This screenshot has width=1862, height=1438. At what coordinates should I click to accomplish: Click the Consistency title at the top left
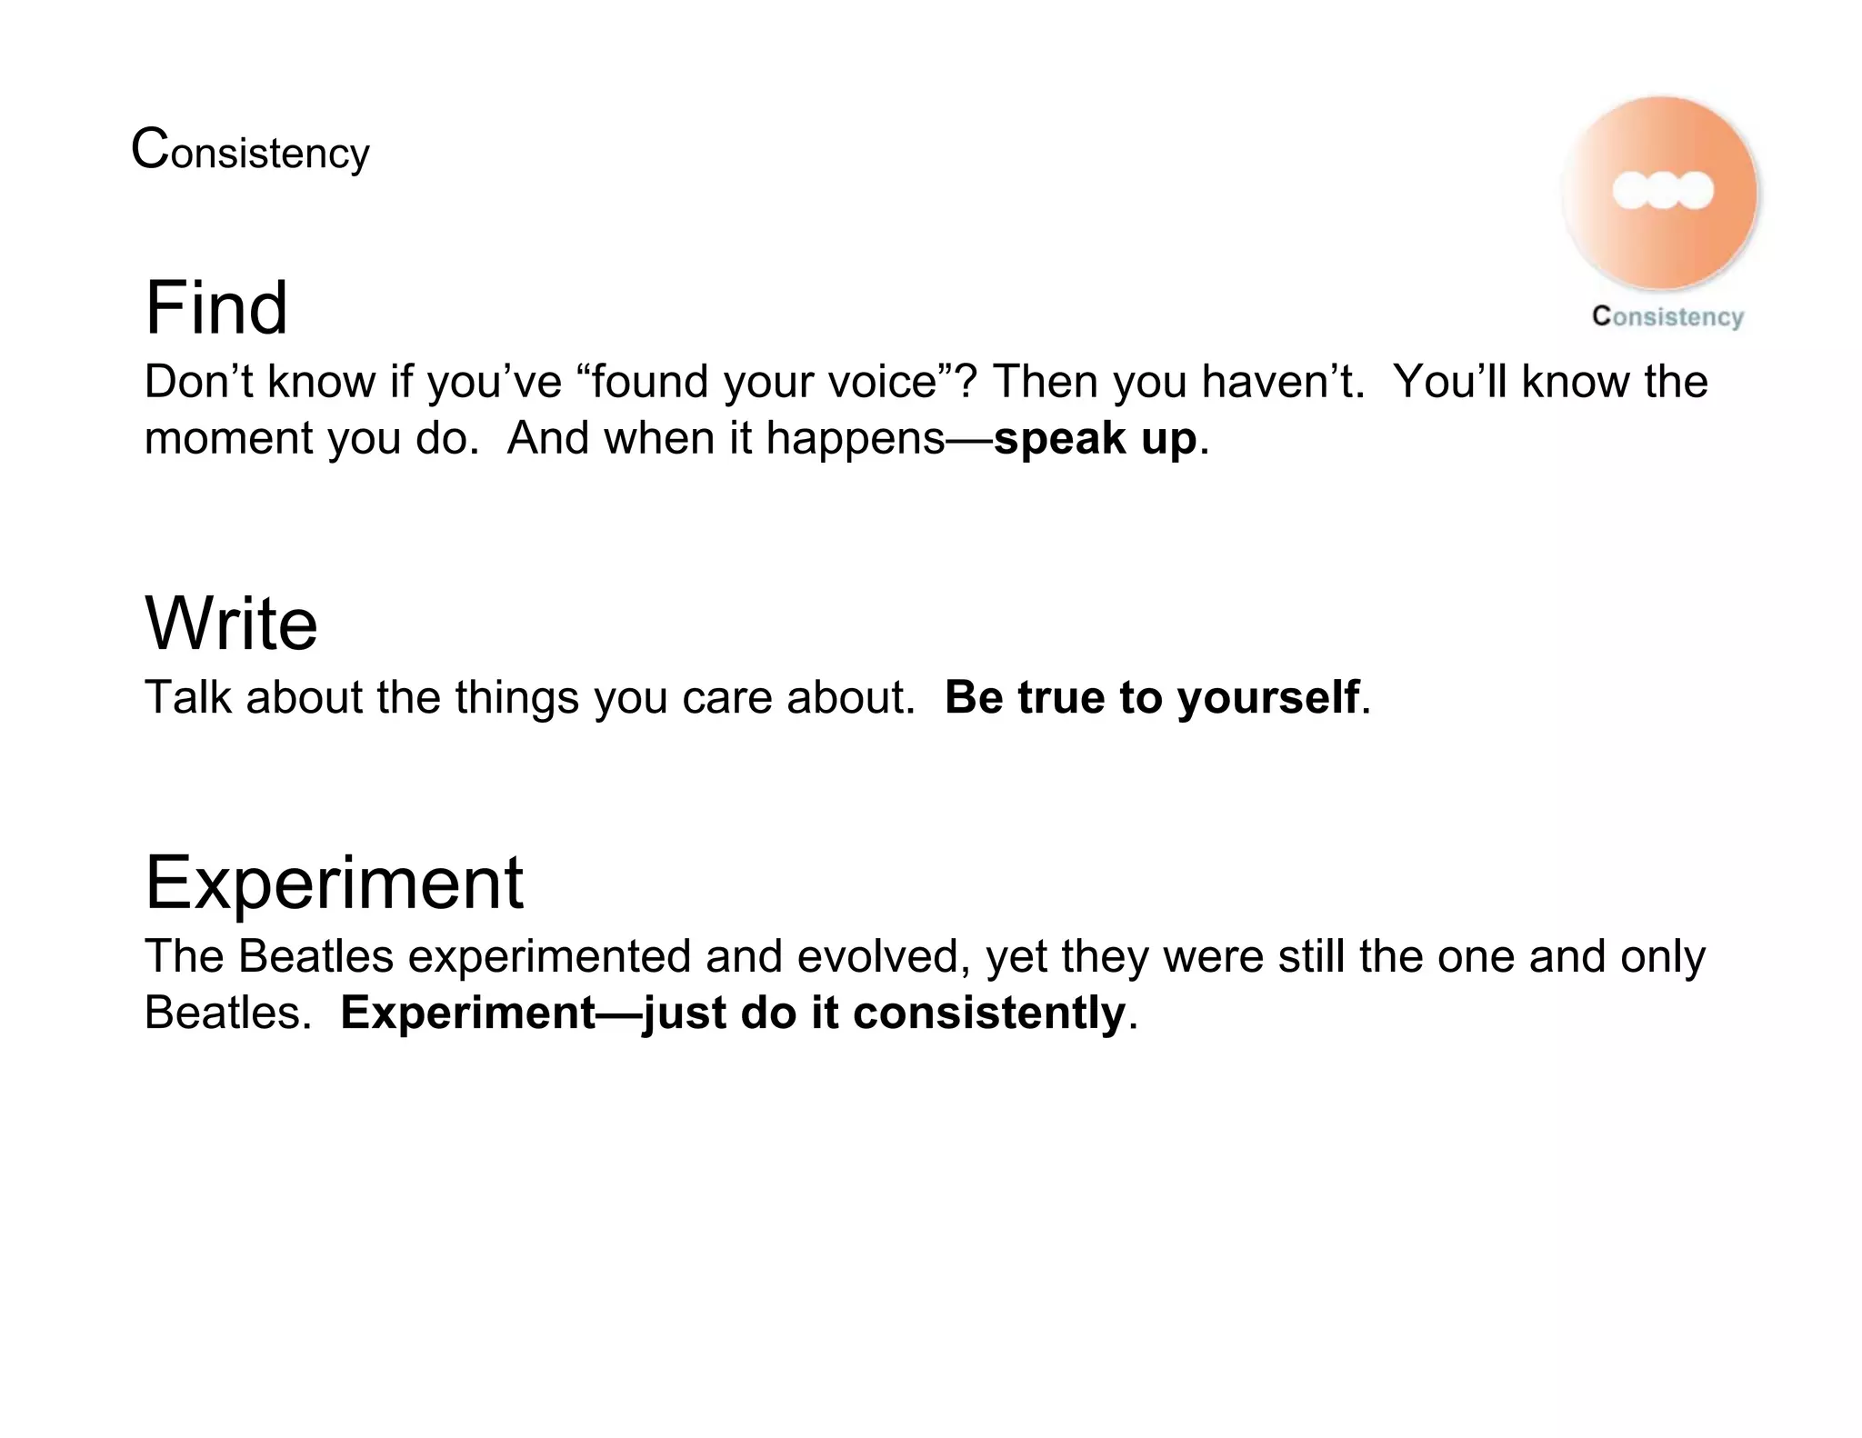click(250, 151)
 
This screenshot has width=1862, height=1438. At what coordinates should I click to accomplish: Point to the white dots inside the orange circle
click(1662, 191)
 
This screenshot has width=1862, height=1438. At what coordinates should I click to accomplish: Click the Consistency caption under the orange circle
click(1667, 316)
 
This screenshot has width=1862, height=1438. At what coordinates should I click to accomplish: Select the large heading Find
click(216, 308)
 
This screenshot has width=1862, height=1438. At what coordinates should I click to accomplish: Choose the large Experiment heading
click(334, 883)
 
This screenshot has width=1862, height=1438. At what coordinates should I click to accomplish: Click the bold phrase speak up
click(1095, 440)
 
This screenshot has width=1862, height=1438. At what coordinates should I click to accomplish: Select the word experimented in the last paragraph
click(549, 957)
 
